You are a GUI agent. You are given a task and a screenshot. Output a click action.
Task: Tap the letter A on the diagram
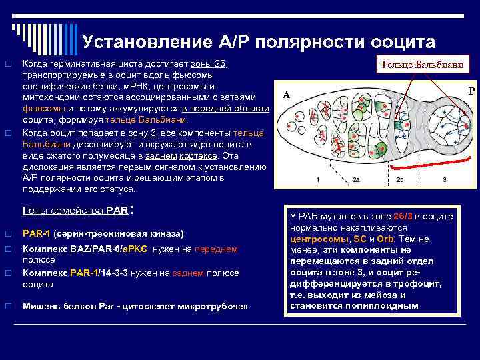285,95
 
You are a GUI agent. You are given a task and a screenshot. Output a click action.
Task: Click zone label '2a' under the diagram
357,180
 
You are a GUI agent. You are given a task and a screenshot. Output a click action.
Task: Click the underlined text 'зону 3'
141,133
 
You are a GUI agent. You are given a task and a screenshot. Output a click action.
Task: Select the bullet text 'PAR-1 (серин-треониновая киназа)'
103,234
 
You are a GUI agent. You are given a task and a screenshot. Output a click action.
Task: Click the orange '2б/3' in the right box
403,217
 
